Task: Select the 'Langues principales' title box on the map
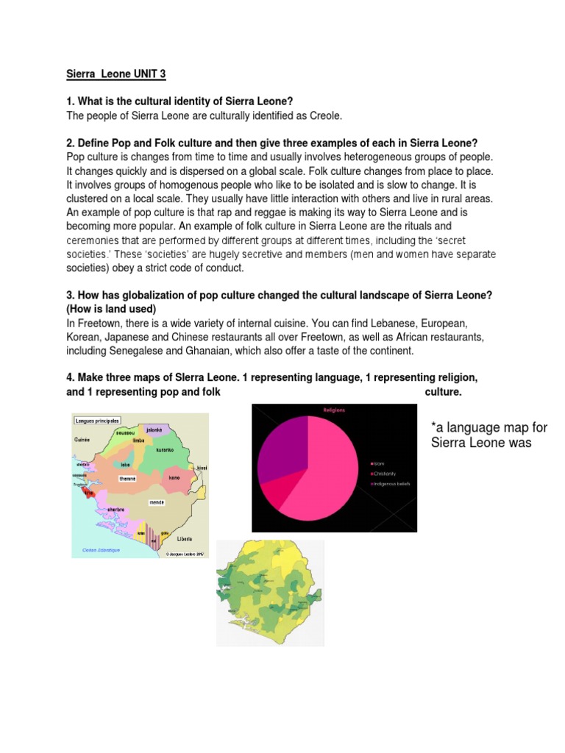click(x=97, y=421)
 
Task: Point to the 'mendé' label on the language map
click(x=157, y=503)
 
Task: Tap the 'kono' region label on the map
click(x=174, y=477)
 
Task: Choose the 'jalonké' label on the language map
click(x=154, y=429)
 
